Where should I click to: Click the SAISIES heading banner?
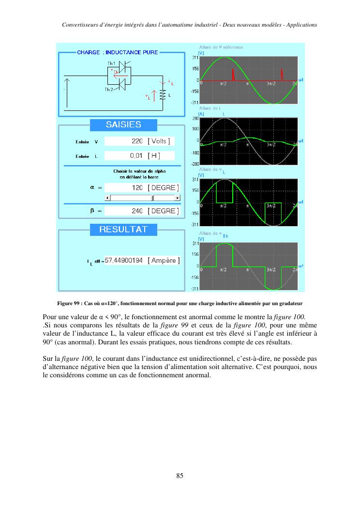pos(123,125)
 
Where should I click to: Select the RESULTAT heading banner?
pos(123,230)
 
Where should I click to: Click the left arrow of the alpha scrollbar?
pos(108,198)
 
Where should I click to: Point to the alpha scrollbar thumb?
pos(153,198)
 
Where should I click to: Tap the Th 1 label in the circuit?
pos(111,63)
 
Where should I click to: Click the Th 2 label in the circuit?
pos(109,90)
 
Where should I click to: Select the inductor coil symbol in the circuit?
pos(163,95)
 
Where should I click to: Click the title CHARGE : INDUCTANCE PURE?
pos(118,52)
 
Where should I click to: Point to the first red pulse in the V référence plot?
pos(233,75)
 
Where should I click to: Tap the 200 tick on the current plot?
pos(196,118)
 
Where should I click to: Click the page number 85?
pos(180,476)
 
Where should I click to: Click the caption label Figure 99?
pos(68,304)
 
